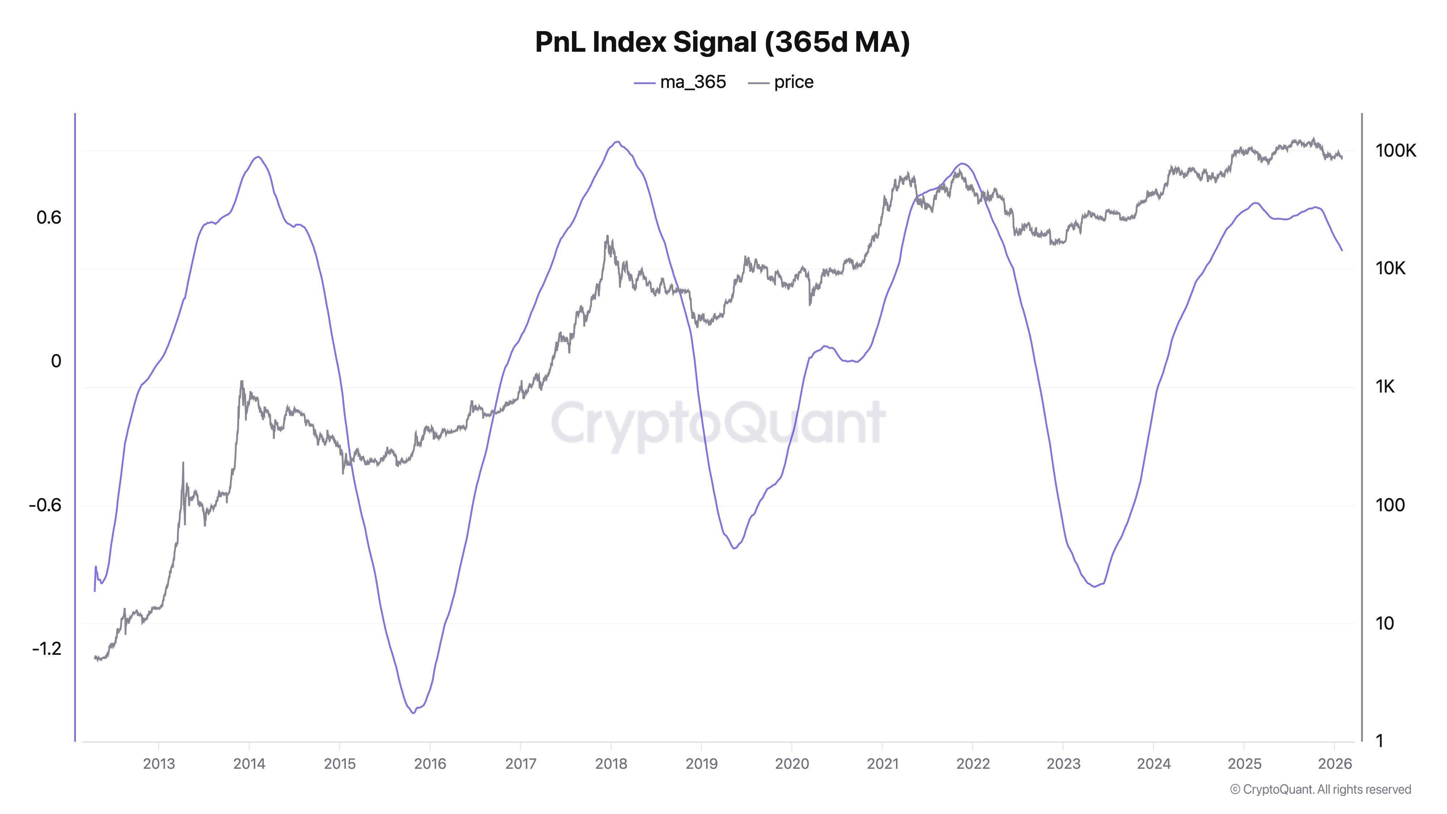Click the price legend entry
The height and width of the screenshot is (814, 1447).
coord(781,82)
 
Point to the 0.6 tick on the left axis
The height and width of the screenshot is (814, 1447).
coord(49,217)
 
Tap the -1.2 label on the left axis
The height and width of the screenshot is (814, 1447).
coord(47,649)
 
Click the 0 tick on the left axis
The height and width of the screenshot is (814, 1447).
coord(56,361)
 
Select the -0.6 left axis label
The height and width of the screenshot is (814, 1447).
coord(45,505)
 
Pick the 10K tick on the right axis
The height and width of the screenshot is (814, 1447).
coord(1391,268)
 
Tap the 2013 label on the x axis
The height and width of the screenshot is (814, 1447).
coord(159,764)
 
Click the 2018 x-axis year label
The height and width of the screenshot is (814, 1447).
coord(611,764)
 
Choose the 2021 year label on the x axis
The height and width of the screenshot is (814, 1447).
coord(882,764)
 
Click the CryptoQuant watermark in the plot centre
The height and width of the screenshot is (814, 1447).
coord(718,423)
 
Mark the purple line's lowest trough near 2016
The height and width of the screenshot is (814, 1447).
coord(413,713)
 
